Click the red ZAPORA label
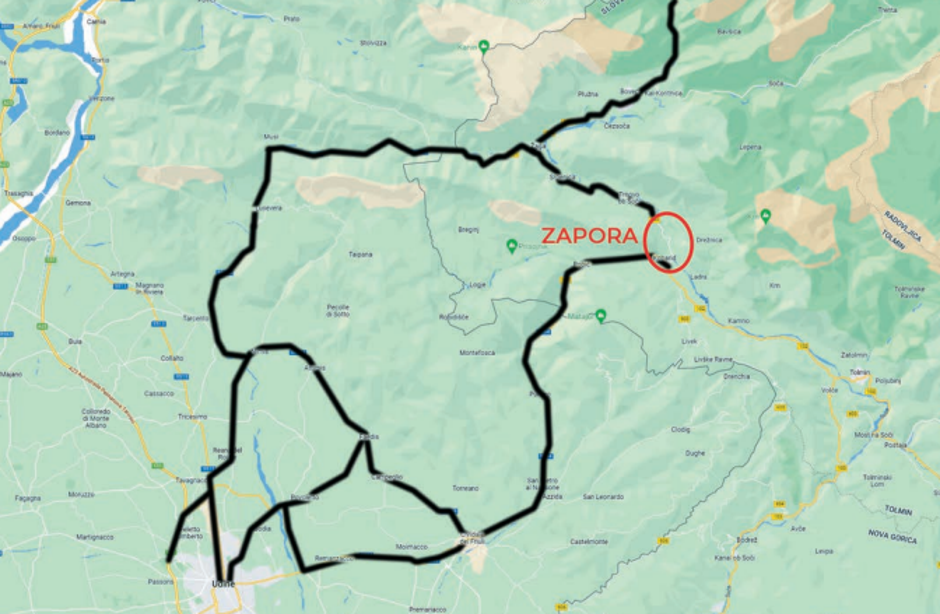tap(589, 236)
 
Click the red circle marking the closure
tap(668, 241)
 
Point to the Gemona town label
tap(78, 202)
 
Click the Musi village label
tap(268, 136)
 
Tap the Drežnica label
tap(708, 241)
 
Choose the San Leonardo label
tap(603, 496)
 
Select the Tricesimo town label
tap(191, 416)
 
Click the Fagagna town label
tap(28, 497)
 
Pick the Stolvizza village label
tap(373, 42)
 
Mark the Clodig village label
tap(681, 430)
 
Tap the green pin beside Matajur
tap(600, 316)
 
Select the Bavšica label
tap(729, 32)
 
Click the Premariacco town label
tap(427, 608)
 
